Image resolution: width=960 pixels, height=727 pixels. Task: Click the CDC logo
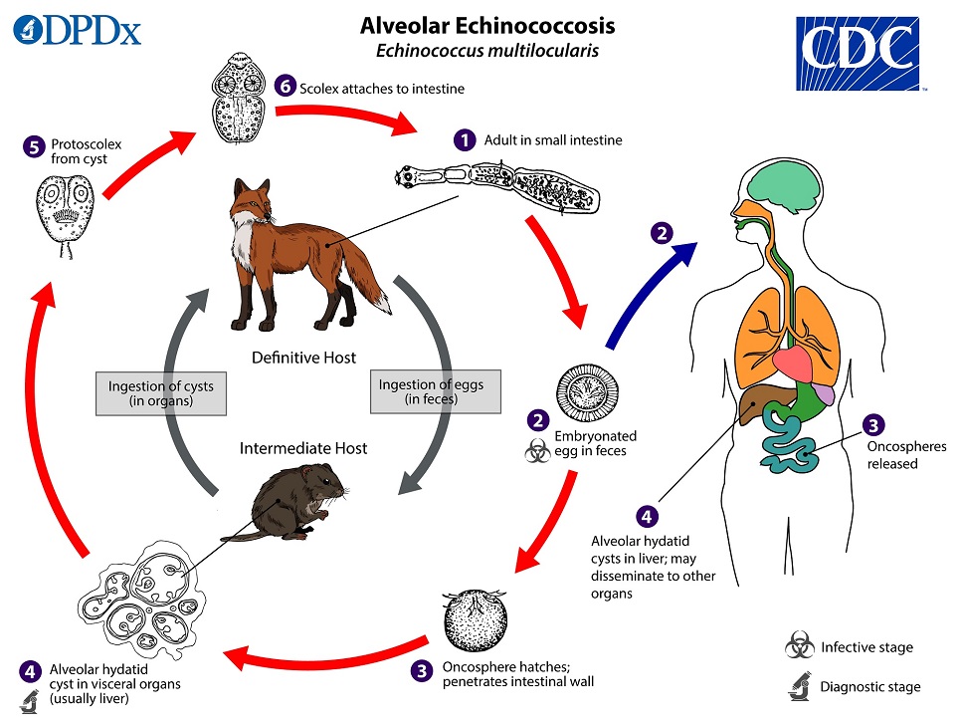tap(857, 51)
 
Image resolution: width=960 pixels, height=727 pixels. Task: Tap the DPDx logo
tap(77, 29)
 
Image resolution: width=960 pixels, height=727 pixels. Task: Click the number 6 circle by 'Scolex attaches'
tap(287, 87)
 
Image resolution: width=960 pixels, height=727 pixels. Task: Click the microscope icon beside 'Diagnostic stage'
tap(798, 685)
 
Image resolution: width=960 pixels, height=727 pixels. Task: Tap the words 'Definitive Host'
tap(303, 358)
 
